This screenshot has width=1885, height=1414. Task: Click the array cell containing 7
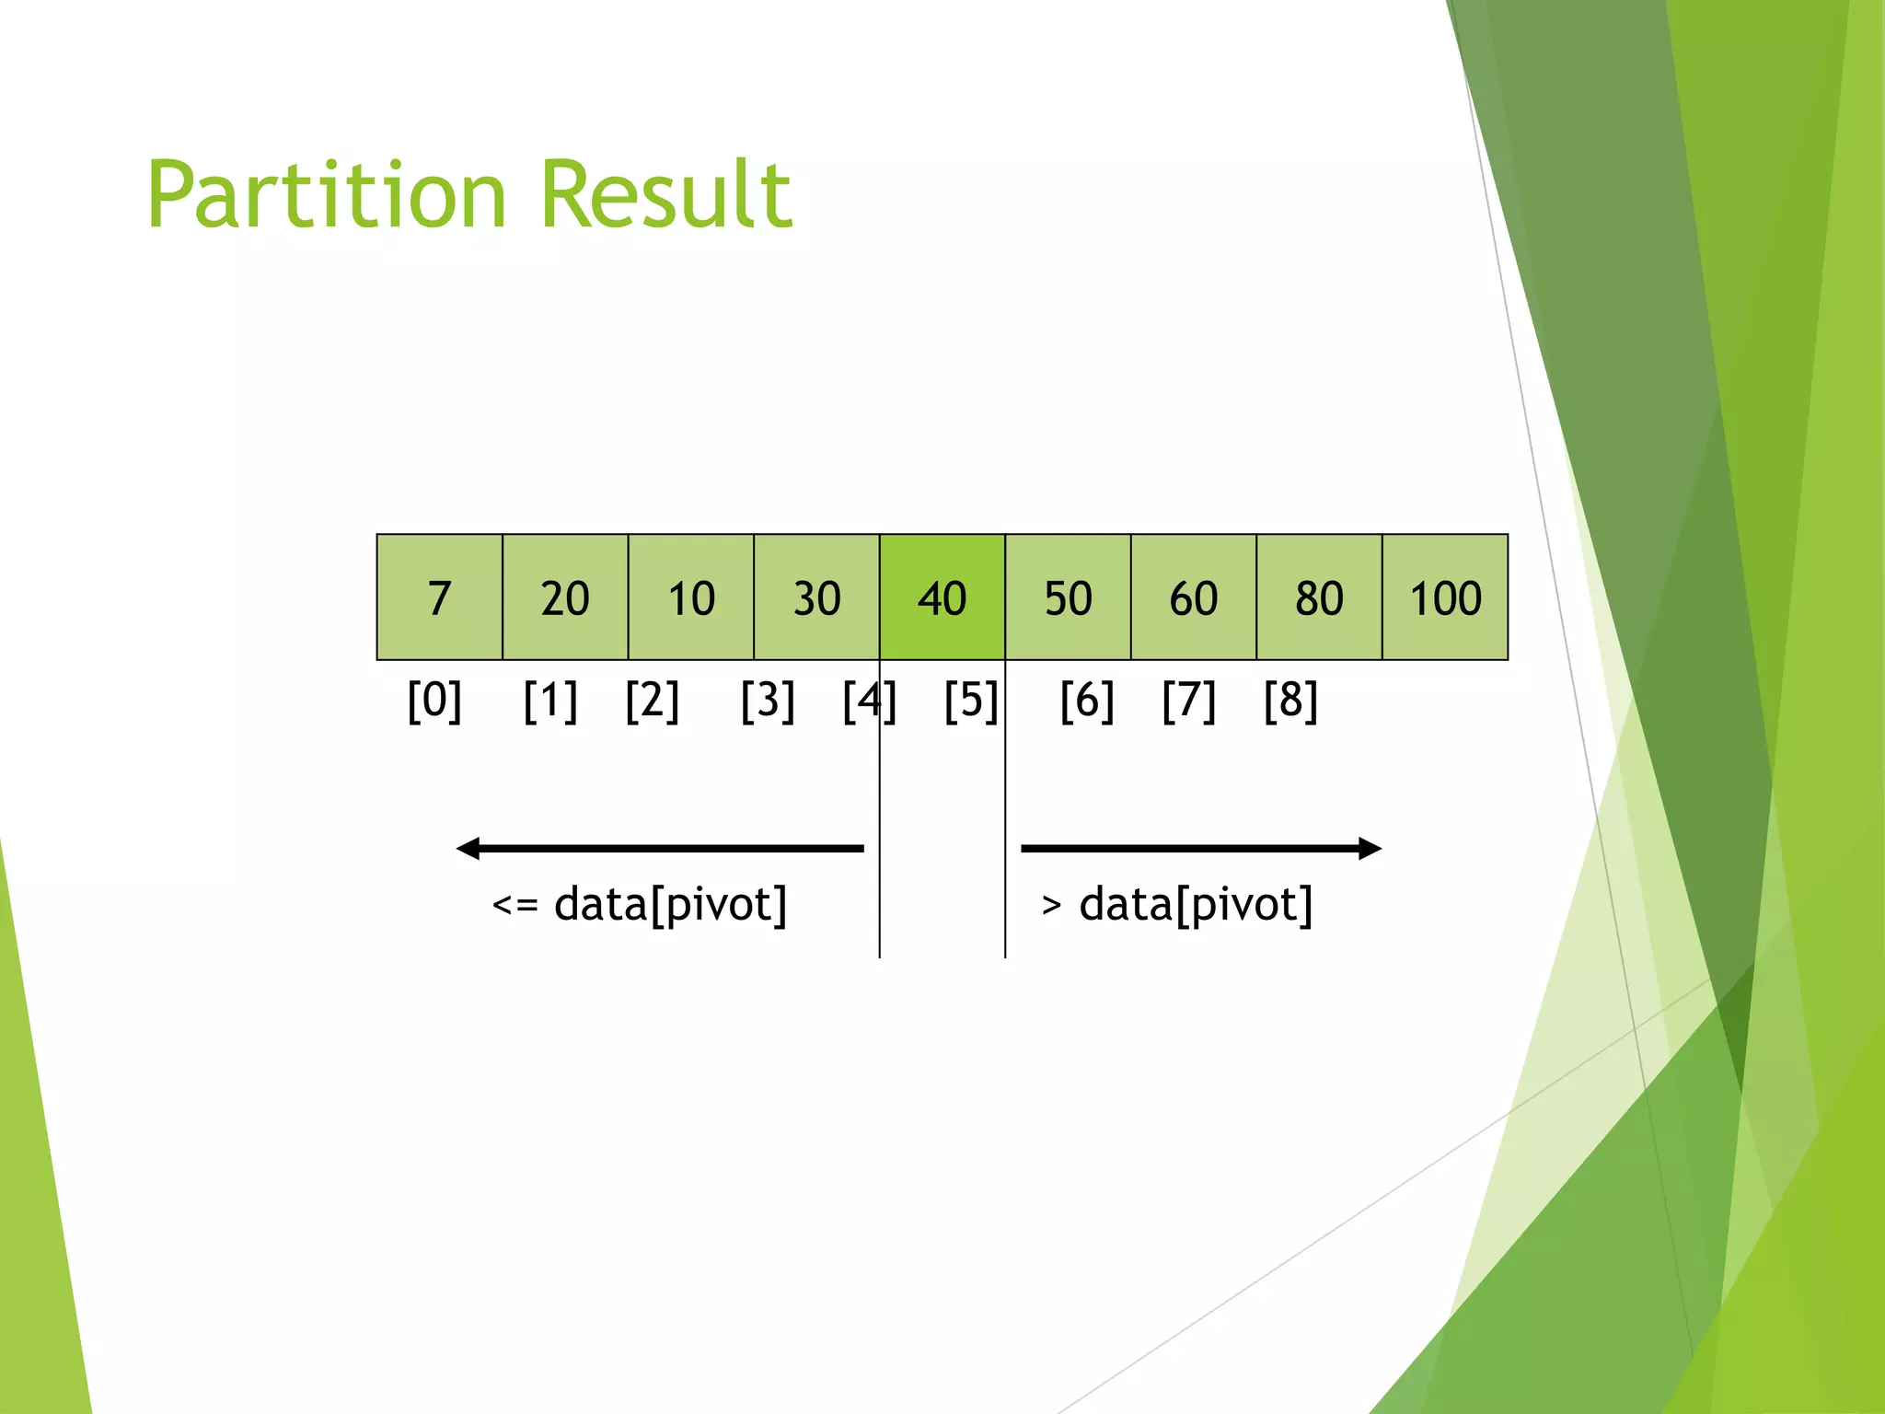(439, 597)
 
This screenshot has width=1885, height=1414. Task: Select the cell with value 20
(565, 597)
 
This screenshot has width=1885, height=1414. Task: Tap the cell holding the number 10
(691, 597)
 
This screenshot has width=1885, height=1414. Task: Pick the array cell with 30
(816, 597)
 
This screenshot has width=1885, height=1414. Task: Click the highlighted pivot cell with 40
(942, 597)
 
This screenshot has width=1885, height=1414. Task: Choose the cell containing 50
(1068, 597)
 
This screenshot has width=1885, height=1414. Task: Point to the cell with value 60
(1194, 597)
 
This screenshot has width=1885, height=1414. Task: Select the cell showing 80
(1319, 597)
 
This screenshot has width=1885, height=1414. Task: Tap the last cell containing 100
(1445, 597)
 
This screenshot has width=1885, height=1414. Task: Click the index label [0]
(434, 701)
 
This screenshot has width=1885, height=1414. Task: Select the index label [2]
(652, 701)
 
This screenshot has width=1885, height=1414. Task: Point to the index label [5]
(971, 701)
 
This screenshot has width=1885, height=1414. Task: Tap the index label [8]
(1290, 701)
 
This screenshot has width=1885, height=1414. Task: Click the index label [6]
(1087, 701)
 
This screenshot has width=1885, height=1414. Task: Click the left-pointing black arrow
(659, 848)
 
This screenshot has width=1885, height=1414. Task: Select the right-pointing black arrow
(1201, 848)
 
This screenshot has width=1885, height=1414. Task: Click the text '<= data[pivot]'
(640, 905)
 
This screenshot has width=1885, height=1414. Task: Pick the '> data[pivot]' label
(1176, 905)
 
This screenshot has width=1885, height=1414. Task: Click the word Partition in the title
(327, 195)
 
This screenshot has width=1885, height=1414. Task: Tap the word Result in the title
(666, 195)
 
